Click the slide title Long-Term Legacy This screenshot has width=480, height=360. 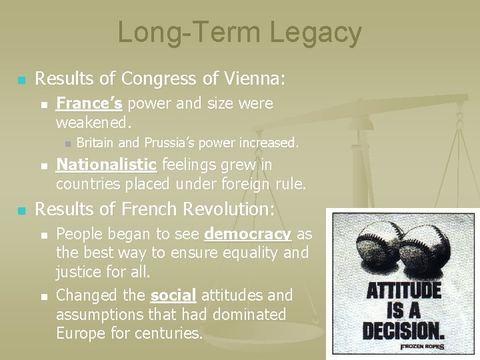pyautogui.click(x=240, y=33)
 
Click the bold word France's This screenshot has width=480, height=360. pyautogui.click(x=89, y=104)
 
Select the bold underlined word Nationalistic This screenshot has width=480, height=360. pyautogui.click(x=107, y=165)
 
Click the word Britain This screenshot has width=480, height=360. pyautogui.click(x=95, y=142)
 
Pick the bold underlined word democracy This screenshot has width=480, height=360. pyautogui.click(x=248, y=234)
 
